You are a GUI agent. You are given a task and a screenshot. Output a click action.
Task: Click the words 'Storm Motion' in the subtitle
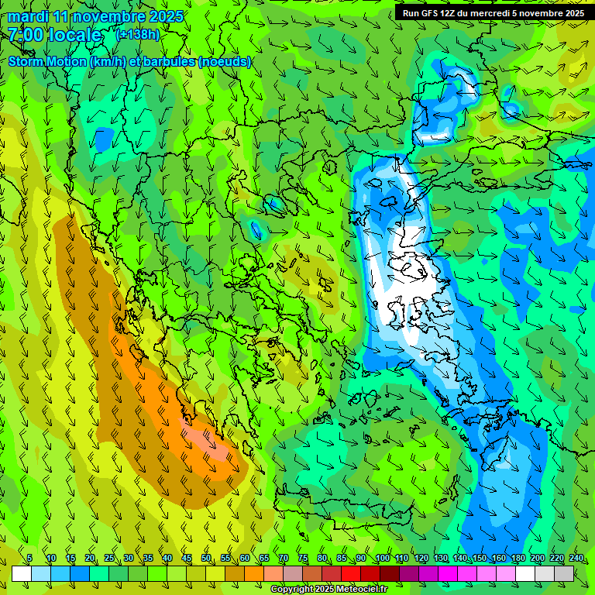46,62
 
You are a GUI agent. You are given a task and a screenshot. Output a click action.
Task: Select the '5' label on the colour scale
29,559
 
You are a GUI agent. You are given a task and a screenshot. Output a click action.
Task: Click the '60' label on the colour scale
244,559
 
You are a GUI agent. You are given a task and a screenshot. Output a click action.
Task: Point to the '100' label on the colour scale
381,559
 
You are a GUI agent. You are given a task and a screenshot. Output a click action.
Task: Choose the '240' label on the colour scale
576,559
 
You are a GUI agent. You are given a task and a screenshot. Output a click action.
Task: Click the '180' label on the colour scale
518,559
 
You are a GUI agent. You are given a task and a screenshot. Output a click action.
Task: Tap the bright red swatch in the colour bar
351,574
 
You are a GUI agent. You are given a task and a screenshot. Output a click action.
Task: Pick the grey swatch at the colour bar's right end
564,574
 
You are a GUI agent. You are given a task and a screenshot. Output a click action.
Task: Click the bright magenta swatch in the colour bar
448,574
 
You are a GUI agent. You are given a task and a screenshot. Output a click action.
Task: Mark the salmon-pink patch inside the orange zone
203,440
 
